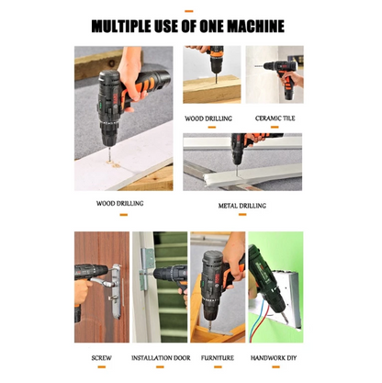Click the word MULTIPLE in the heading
129,25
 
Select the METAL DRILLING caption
242,206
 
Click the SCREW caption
101,358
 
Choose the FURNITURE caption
218,358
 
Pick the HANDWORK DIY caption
276,358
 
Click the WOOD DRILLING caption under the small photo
208,118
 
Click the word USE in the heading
177,25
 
